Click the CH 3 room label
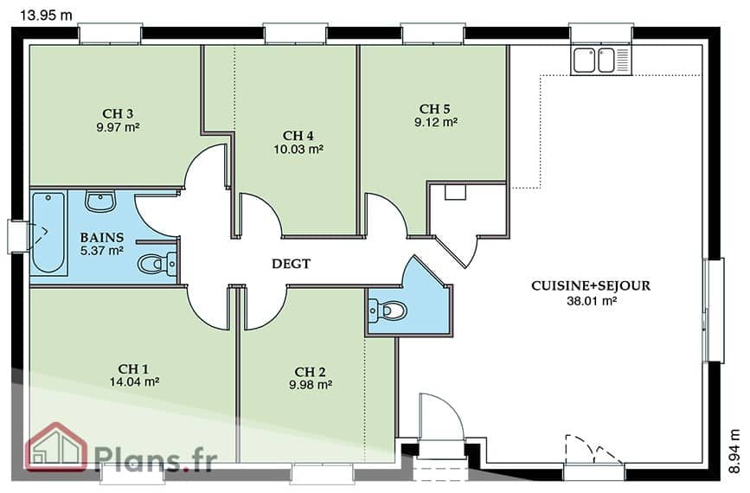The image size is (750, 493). [118, 114]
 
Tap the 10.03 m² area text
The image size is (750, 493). [298, 149]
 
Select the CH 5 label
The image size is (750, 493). [435, 110]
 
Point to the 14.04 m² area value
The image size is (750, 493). [134, 381]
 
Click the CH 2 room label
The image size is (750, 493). [310, 372]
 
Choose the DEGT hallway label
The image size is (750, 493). [291, 264]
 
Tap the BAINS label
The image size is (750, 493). [102, 237]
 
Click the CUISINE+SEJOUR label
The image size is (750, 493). [591, 286]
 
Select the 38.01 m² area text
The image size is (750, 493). [592, 301]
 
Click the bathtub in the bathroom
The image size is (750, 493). [48, 233]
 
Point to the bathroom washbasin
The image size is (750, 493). [100, 201]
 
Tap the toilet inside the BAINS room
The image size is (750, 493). [157, 264]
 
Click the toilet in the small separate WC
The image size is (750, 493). [387, 311]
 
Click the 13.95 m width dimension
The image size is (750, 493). [46, 16]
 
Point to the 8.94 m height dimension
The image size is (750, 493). [734, 451]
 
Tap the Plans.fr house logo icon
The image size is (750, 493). [56, 446]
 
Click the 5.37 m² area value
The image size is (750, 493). [102, 251]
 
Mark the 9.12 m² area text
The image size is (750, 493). [436, 123]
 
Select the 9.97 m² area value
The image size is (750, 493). [118, 127]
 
